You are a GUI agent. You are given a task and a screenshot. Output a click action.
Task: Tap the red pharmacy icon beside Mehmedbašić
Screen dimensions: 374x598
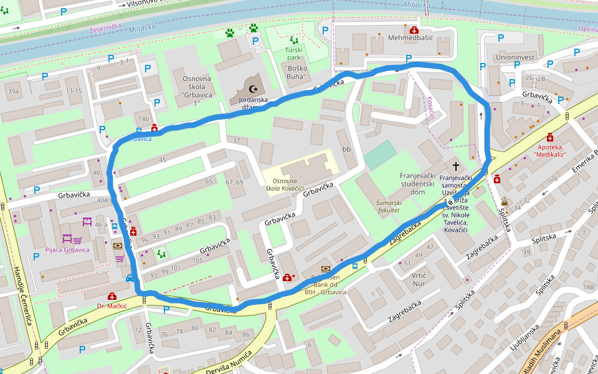tap(414, 30)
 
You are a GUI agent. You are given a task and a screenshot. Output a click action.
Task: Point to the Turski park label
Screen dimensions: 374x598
tap(297, 54)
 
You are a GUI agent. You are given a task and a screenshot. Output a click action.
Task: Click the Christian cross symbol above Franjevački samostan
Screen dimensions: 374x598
tap(456, 166)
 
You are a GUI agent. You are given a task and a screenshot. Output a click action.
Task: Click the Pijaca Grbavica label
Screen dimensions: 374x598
tap(67, 250)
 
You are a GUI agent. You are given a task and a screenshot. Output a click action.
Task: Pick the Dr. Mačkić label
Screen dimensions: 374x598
tap(112, 306)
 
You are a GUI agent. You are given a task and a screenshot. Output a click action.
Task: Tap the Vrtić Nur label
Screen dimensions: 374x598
tap(418, 279)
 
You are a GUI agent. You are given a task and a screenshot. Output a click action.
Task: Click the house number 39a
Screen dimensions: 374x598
tap(13, 91)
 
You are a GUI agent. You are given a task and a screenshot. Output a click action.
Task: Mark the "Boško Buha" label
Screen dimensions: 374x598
tap(297, 72)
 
